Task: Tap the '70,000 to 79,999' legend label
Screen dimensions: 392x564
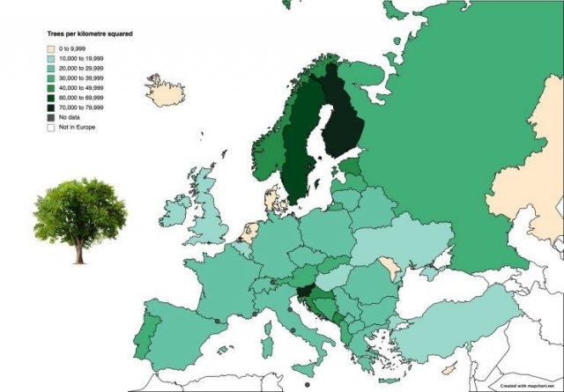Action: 81,107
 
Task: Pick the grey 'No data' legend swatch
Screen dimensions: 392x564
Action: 51,117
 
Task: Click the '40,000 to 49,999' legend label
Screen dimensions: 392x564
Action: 81,88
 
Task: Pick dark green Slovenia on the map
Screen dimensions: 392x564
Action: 304,295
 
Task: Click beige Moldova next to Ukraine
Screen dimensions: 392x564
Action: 389,267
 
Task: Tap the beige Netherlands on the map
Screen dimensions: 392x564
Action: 250,233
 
